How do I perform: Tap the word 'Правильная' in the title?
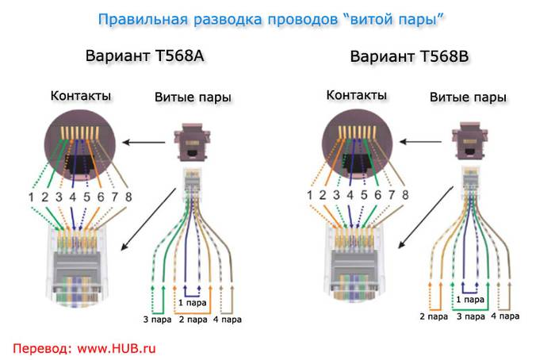[x=136, y=17]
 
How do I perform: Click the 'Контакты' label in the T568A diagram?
[x=81, y=96]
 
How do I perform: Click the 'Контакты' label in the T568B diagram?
[x=357, y=96]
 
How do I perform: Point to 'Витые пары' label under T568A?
[x=193, y=98]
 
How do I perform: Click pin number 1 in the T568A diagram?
[x=33, y=196]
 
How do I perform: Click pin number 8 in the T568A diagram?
[x=128, y=196]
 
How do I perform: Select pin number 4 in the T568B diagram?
[x=350, y=195]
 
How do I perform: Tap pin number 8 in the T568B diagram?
[x=404, y=195]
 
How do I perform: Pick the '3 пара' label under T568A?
[x=155, y=320]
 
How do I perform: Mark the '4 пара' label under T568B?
[x=505, y=317]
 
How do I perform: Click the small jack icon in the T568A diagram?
[x=193, y=143]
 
